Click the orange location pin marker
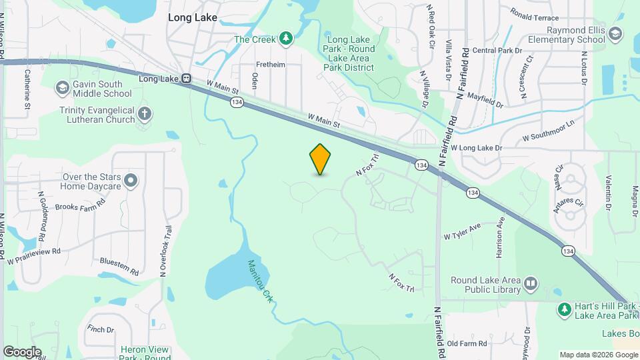tap(321, 159)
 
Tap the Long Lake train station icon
tap(187, 79)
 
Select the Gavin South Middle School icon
tap(62, 87)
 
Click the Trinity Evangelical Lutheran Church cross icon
tap(145, 113)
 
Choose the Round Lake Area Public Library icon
tap(531, 284)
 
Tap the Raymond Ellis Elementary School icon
tap(615, 33)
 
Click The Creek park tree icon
tap(286, 38)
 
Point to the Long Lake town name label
tap(193, 18)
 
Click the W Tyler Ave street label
tap(462, 232)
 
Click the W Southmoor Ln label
tap(548, 131)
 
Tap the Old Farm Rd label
tap(467, 343)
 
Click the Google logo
tap(22, 351)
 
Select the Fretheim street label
tap(271, 65)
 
